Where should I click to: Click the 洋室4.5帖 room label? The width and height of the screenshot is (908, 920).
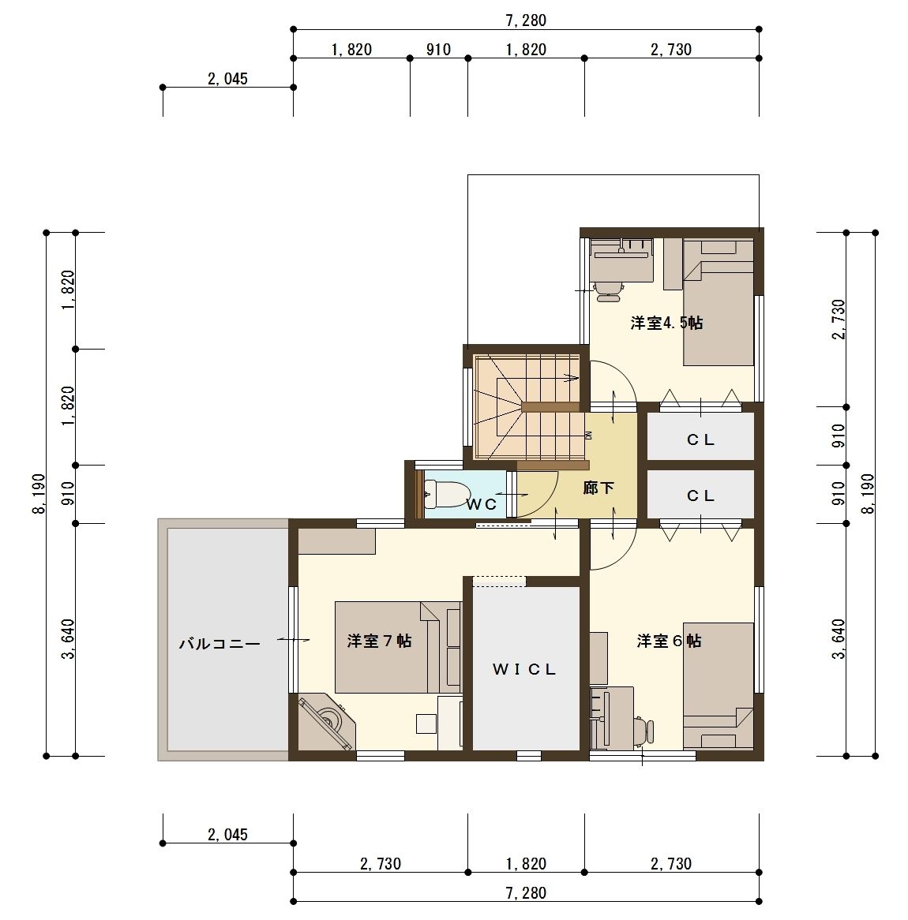666,323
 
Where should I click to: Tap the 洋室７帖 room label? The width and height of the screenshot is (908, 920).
380,641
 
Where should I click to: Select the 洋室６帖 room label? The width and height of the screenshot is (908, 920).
669,641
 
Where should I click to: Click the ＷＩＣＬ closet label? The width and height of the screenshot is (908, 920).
524,669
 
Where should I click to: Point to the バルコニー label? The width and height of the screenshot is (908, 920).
219,644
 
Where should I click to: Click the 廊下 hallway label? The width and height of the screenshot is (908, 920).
598,488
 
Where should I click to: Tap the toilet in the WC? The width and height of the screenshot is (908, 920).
445,494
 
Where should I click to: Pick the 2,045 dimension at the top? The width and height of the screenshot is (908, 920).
228,79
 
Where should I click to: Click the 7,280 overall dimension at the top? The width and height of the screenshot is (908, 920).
526,21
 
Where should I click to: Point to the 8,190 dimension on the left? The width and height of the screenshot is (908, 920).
39,493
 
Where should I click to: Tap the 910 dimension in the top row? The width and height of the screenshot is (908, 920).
439,50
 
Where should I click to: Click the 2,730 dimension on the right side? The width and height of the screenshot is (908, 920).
839,320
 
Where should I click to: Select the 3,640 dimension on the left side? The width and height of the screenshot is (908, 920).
69,639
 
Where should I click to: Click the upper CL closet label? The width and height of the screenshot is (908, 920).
700,440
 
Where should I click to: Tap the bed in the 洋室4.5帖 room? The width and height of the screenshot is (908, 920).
719,302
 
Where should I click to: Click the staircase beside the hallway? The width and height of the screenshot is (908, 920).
527,407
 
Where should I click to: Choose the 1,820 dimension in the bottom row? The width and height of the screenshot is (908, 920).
526,864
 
